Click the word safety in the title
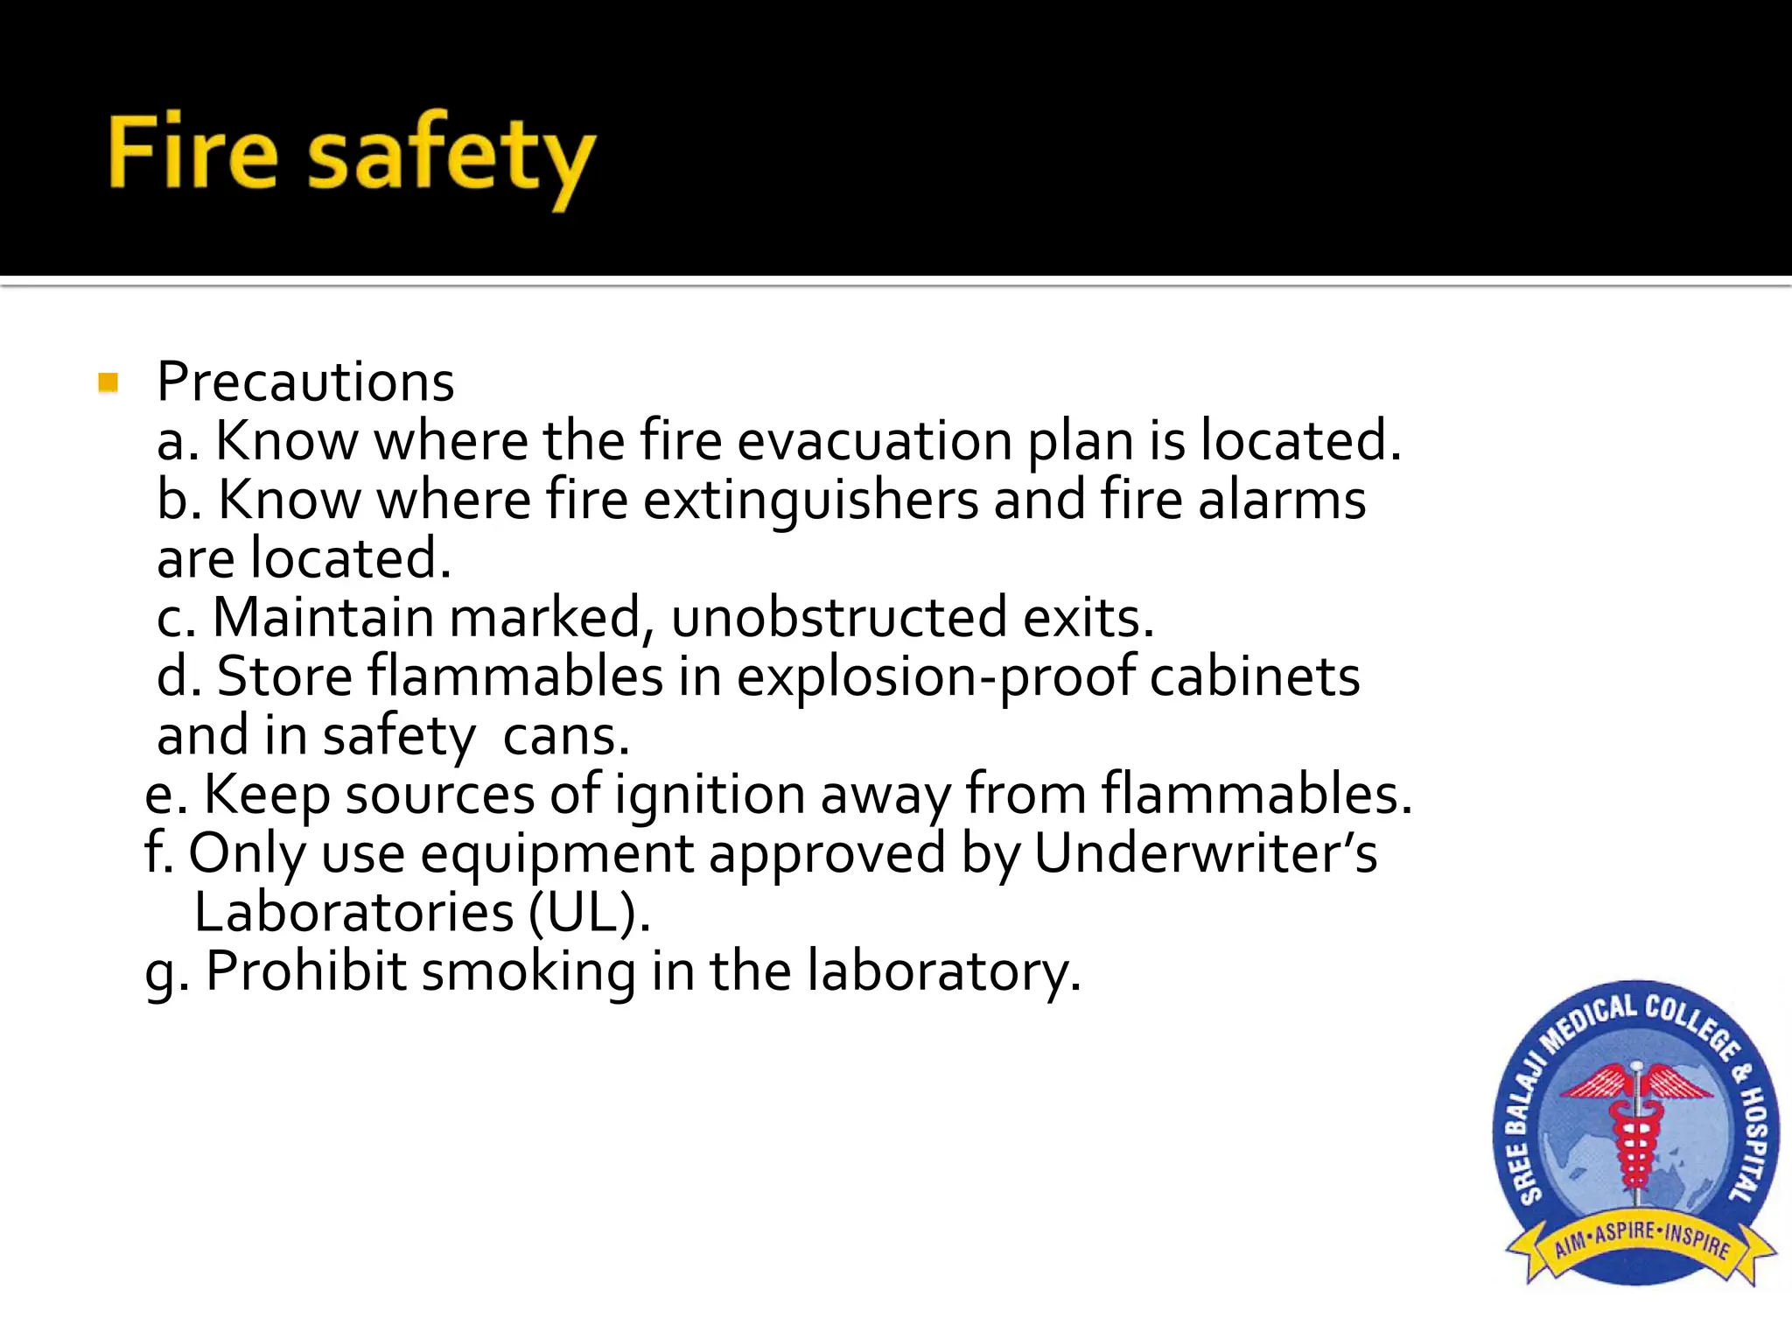click(451, 158)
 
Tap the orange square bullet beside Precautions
click(108, 382)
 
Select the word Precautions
click(305, 382)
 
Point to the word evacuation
click(874, 440)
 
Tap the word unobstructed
click(839, 618)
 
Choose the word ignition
click(710, 795)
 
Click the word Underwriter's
click(1205, 853)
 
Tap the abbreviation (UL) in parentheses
click(590, 913)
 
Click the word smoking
click(528, 971)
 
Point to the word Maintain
click(323, 618)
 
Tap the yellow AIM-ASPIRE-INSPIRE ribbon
click(1641, 1243)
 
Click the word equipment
click(556, 855)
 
